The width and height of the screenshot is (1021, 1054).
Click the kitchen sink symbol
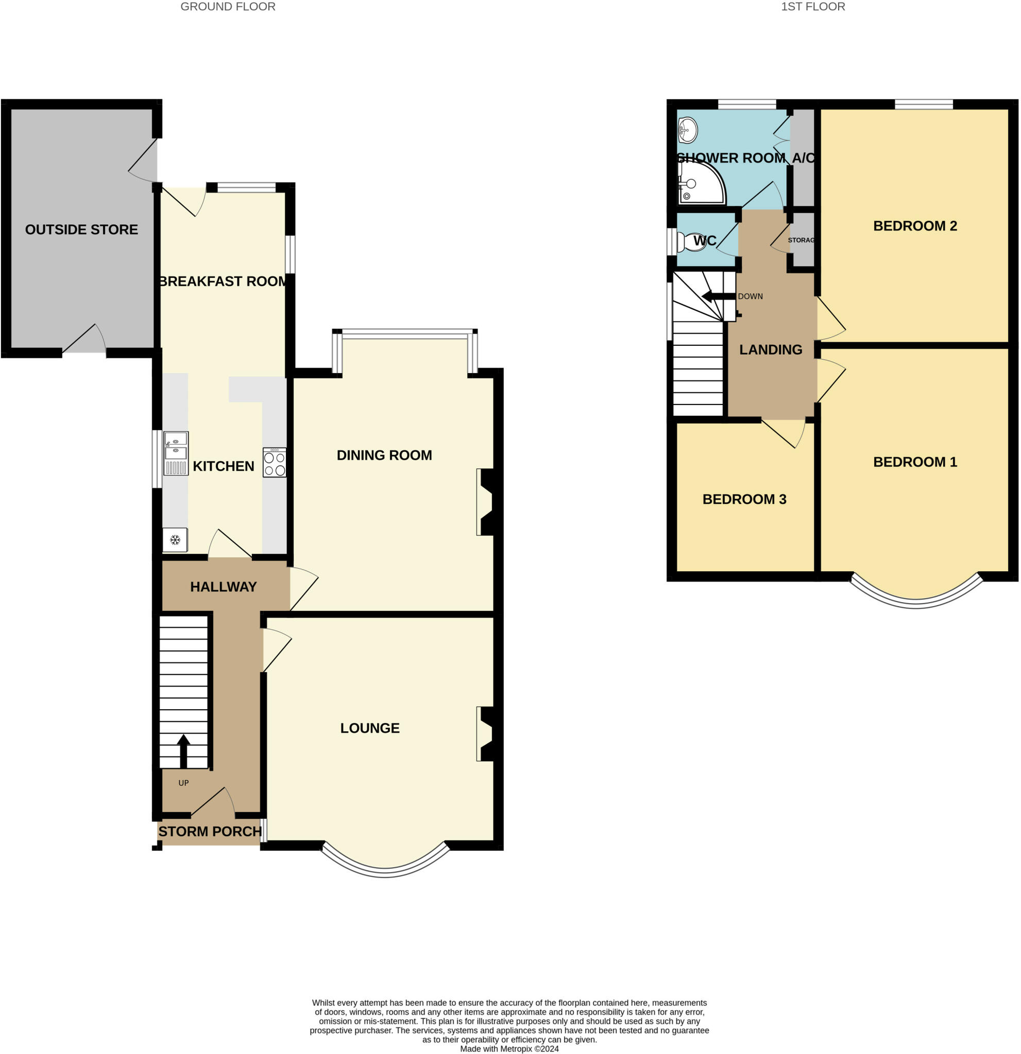[176, 453]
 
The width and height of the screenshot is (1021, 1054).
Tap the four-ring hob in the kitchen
[275, 463]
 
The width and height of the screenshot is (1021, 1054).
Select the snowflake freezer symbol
[175, 539]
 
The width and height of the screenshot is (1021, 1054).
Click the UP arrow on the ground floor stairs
[183, 751]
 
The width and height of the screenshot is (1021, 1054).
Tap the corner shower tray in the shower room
[700, 184]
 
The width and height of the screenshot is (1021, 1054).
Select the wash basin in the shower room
[687, 130]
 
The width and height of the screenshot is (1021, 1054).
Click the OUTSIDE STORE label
[81, 230]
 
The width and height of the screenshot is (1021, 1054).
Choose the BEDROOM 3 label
[744, 499]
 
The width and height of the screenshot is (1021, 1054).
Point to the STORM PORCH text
[210, 831]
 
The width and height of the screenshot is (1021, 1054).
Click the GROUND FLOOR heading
[228, 7]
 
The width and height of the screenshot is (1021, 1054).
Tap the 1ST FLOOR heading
[813, 7]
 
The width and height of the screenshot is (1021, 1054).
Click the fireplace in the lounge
[486, 734]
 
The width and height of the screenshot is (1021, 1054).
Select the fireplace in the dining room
[486, 502]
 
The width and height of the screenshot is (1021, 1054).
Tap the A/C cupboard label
[803, 158]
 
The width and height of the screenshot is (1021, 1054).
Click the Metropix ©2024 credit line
[509, 1049]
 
